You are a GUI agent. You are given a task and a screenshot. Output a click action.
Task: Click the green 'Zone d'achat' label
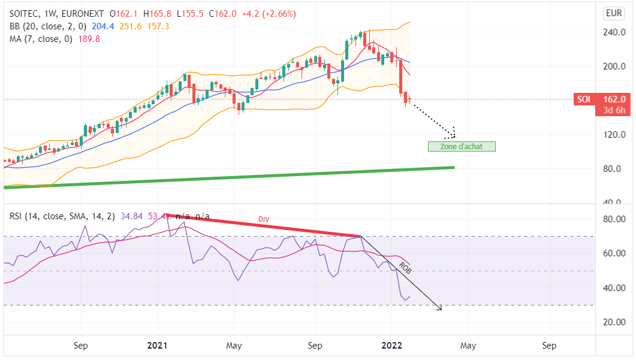462,146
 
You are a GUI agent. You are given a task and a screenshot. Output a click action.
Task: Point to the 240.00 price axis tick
613,32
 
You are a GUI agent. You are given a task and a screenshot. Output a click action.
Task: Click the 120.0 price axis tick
613,134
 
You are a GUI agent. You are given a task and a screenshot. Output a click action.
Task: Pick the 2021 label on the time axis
157,346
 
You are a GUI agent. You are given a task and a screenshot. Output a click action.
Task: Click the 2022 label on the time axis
392,346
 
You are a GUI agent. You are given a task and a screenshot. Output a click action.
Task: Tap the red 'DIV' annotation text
264,220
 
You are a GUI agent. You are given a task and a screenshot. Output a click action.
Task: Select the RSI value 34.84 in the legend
131,216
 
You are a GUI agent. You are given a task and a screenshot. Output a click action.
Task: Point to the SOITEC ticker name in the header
26,14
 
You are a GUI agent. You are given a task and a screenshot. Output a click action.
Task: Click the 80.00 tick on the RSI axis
613,219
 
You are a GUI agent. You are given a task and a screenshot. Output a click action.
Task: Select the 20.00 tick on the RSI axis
613,322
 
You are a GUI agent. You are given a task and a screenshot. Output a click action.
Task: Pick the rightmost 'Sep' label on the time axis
548,346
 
